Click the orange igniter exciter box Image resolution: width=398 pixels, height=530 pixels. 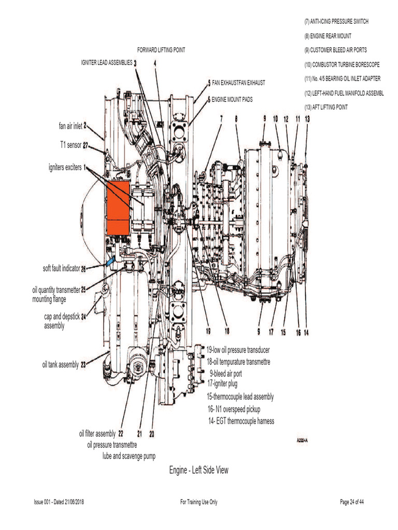(118, 208)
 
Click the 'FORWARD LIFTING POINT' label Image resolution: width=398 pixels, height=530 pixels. (161, 50)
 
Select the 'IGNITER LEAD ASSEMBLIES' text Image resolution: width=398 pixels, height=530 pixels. (106, 63)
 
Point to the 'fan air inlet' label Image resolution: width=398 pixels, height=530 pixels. (70, 125)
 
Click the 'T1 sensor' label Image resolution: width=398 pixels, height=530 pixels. (68, 145)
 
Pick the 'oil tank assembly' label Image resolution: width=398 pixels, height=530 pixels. (61, 364)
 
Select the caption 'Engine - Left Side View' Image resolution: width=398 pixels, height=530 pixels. (198, 470)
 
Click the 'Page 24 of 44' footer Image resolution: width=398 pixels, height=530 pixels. (355, 502)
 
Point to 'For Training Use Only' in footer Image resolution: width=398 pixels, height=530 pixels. (198, 502)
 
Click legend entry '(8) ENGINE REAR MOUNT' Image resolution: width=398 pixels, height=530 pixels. (328, 36)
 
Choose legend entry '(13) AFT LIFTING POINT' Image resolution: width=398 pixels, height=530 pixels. (326, 107)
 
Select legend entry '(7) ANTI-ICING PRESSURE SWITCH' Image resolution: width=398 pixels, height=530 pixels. (336, 22)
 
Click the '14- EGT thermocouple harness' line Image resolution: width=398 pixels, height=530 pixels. (240, 421)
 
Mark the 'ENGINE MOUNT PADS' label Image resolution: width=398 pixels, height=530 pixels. (232, 99)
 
